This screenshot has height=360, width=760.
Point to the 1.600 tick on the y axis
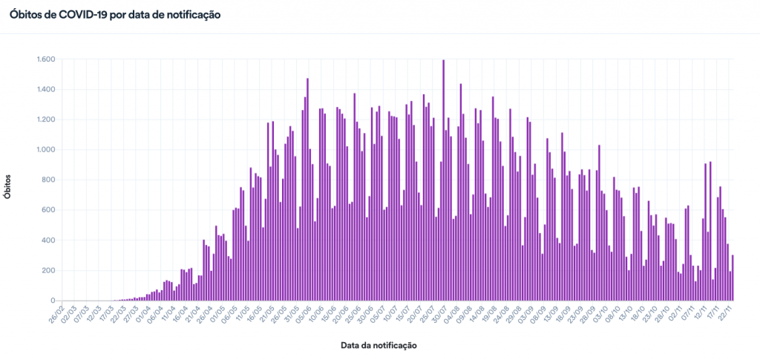(45, 59)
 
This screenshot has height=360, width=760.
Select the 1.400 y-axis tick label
(45, 90)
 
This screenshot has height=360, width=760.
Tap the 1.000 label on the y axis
(45, 150)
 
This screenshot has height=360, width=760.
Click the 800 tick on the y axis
(49, 180)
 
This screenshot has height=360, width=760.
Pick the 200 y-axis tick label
(49, 270)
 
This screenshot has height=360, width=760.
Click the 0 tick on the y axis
(53, 301)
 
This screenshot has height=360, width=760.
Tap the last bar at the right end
(733, 278)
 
